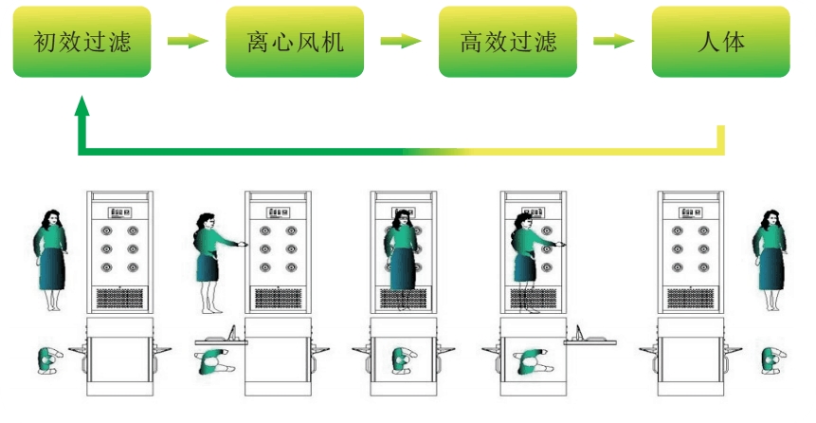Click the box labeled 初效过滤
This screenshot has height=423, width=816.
(82, 42)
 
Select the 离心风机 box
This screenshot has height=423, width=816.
(295, 42)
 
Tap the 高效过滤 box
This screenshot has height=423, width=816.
(508, 42)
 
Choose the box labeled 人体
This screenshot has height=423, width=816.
(721, 42)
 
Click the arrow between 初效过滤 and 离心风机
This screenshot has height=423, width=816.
(188, 42)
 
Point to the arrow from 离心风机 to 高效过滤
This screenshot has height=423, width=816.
(401, 42)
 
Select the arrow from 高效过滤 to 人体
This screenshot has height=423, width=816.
(614, 42)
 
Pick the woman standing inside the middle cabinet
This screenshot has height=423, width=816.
(403, 256)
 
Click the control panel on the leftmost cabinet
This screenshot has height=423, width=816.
(119, 212)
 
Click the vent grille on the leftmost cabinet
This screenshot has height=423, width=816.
(119, 298)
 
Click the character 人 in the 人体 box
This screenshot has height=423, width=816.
(706, 42)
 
